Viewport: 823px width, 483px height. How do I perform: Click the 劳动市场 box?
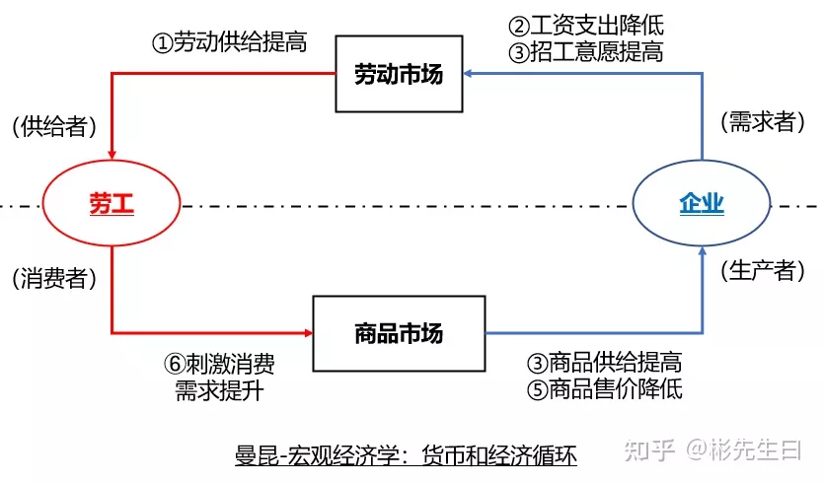(400, 74)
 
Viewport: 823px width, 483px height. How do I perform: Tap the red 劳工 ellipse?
(112, 205)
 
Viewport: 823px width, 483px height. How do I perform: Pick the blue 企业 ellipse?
(702, 205)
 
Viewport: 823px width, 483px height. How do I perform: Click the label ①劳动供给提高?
(229, 42)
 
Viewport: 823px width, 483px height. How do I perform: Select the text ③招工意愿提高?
(586, 52)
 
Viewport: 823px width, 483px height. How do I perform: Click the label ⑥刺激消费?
(219, 364)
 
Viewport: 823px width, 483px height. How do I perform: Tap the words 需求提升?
(219, 389)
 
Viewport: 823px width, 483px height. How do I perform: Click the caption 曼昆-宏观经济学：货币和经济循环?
(406, 455)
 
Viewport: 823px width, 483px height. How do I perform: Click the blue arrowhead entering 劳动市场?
(472, 74)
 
